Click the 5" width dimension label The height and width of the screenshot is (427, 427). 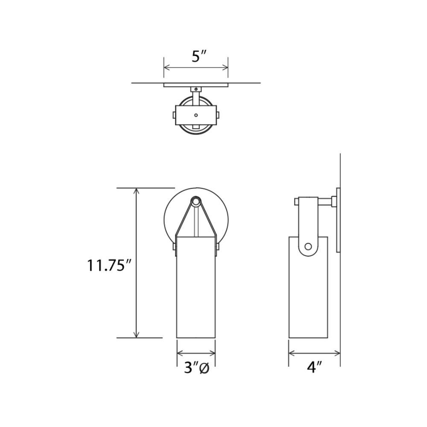[x=199, y=56]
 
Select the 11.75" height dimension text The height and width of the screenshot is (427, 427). [x=108, y=265]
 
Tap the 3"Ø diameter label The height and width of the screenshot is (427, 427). [x=196, y=368]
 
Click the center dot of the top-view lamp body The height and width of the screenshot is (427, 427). [x=196, y=115]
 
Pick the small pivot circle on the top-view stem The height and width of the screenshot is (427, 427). [x=196, y=89]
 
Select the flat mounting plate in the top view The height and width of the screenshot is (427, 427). [x=196, y=85]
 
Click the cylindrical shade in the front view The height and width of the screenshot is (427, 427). [x=196, y=290]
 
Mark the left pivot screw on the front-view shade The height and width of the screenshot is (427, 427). [x=174, y=247]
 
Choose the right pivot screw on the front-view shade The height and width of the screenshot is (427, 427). [x=218, y=247]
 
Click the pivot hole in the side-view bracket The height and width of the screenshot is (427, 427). [x=307, y=246]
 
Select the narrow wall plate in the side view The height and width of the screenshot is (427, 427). [x=338, y=220]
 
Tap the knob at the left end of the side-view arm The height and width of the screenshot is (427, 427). [x=296, y=202]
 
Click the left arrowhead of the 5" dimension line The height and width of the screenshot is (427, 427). [x=166, y=67]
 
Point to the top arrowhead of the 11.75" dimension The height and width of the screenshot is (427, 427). [x=137, y=190]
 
